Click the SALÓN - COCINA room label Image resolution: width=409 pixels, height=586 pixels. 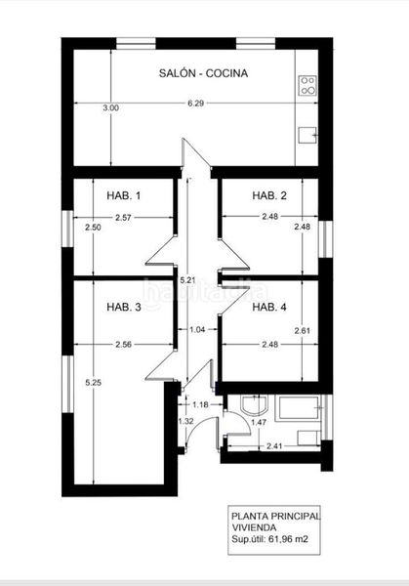click(203, 73)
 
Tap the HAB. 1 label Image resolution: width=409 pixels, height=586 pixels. click(124, 196)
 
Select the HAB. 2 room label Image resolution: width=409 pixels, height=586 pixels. click(269, 196)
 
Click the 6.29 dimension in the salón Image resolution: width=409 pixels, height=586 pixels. click(196, 104)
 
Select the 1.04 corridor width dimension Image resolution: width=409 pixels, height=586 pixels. click(197, 330)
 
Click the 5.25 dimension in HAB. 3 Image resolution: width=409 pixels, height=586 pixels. click(93, 382)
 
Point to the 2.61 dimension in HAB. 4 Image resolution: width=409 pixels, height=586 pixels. click(302, 330)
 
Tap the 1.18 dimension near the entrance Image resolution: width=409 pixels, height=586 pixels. click(201, 403)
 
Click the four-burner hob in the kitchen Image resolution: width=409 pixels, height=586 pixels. click(307, 85)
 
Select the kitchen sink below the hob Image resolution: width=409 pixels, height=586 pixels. click(308, 135)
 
